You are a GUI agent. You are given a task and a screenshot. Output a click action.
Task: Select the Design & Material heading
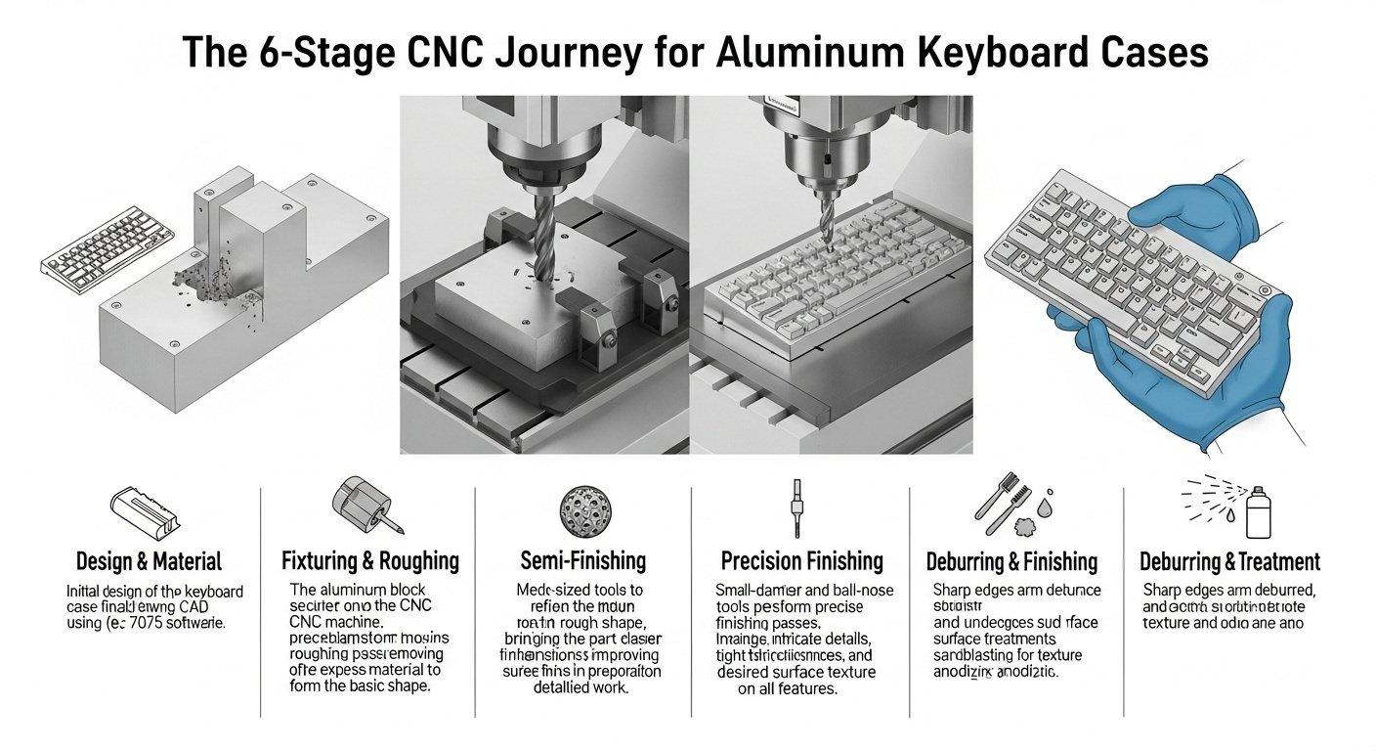coord(149,561)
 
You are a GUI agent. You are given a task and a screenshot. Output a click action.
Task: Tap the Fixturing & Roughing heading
coord(369,560)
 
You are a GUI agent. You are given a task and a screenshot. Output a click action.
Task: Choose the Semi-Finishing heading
coord(582,560)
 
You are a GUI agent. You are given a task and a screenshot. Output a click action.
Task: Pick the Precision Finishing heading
coord(801,560)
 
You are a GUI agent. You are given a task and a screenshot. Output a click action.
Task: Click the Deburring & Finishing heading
coord(1011,562)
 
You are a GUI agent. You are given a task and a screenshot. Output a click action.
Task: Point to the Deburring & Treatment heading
coord(1229,562)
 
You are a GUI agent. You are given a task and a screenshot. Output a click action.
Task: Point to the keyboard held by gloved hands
coord(1124,284)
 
